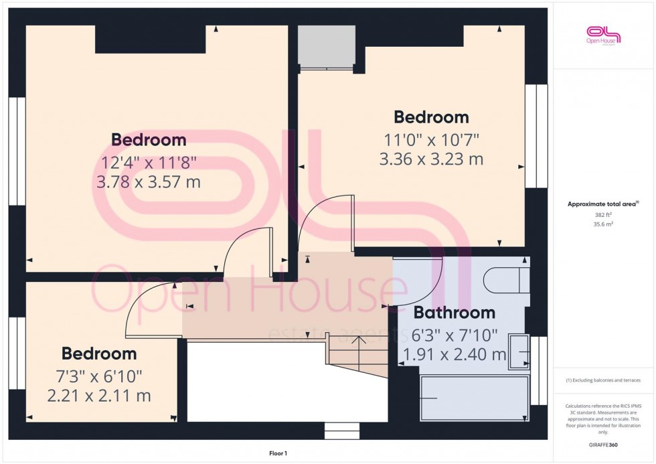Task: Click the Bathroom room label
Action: (x=454, y=313)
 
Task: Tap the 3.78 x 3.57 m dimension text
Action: (x=149, y=182)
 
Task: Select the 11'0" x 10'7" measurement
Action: (x=431, y=139)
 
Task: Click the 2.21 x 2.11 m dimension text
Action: (x=99, y=396)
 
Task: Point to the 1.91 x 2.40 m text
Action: (x=454, y=355)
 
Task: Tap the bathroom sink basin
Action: (x=519, y=352)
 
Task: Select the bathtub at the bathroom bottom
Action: (x=474, y=398)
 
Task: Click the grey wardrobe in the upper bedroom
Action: (x=326, y=47)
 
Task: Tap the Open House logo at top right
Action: (x=603, y=35)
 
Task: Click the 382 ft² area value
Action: (x=603, y=215)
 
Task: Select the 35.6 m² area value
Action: (x=603, y=226)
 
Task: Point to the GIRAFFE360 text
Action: (x=603, y=443)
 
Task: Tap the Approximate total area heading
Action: (x=603, y=204)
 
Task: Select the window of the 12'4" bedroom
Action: (x=17, y=151)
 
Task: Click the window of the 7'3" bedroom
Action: (x=17, y=354)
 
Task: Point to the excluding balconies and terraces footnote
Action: (x=603, y=380)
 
